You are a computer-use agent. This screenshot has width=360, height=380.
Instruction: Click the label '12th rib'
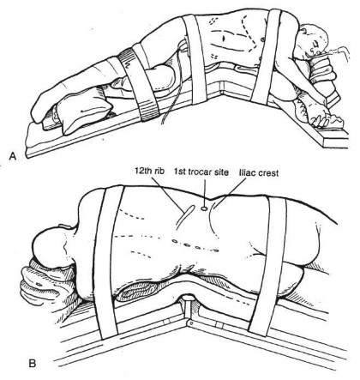pyautogui.click(x=149, y=172)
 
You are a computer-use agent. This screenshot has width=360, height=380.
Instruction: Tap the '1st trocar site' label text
pyautogui.click(x=201, y=172)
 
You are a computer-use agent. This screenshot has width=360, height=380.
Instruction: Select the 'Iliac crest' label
pyautogui.click(x=258, y=172)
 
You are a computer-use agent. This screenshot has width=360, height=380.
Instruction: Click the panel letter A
pyautogui.click(x=12, y=156)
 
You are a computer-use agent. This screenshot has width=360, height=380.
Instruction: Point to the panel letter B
pyautogui.click(x=33, y=364)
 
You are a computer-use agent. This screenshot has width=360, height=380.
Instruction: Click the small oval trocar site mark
pyautogui.click(x=204, y=208)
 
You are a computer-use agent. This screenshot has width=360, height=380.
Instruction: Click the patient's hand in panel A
pyautogui.click(x=320, y=115)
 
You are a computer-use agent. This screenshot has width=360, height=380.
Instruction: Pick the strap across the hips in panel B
pyautogui.click(x=268, y=264)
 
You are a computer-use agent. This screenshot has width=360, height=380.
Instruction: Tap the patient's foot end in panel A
pyautogui.click(x=43, y=109)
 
